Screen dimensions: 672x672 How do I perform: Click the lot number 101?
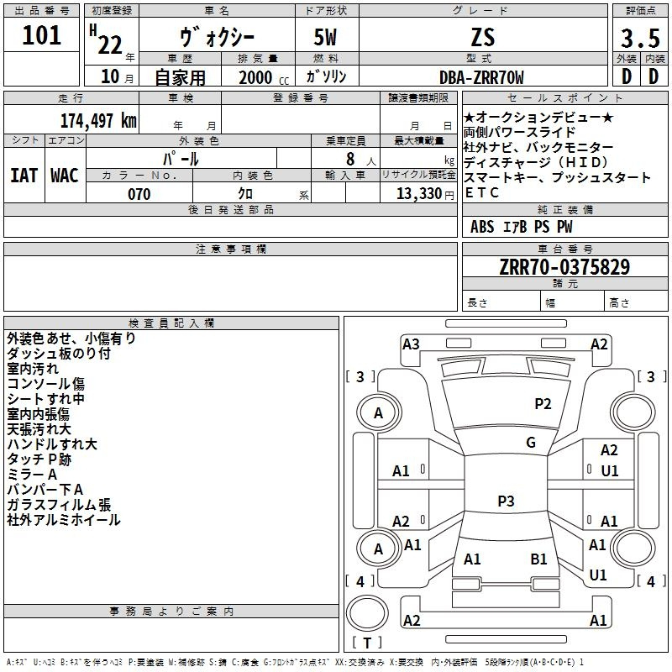(x=41, y=35)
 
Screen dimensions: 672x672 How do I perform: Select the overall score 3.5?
(x=640, y=38)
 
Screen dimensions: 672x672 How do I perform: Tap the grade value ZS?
(x=483, y=38)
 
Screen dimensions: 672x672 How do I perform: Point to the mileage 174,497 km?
(x=98, y=121)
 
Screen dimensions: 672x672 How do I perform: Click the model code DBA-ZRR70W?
(x=481, y=77)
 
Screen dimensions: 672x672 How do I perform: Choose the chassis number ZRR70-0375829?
(x=564, y=267)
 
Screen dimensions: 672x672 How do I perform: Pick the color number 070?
(x=139, y=194)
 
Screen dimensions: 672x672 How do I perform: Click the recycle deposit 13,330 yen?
(x=425, y=194)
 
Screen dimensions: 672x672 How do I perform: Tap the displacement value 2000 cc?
(x=264, y=77)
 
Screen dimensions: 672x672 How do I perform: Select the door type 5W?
(x=325, y=38)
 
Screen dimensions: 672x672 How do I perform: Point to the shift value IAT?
(x=24, y=176)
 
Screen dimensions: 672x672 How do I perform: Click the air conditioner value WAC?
(x=65, y=176)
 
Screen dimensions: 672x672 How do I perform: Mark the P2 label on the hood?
(x=543, y=403)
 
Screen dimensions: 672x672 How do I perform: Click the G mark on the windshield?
(x=531, y=442)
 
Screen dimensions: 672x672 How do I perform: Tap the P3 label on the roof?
(x=506, y=501)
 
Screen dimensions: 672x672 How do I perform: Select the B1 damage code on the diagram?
(x=538, y=559)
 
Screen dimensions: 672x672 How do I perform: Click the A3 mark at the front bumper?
(x=411, y=344)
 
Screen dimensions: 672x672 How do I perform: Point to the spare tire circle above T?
(x=367, y=613)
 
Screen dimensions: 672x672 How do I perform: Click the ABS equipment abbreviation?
(x=482, y=227)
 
